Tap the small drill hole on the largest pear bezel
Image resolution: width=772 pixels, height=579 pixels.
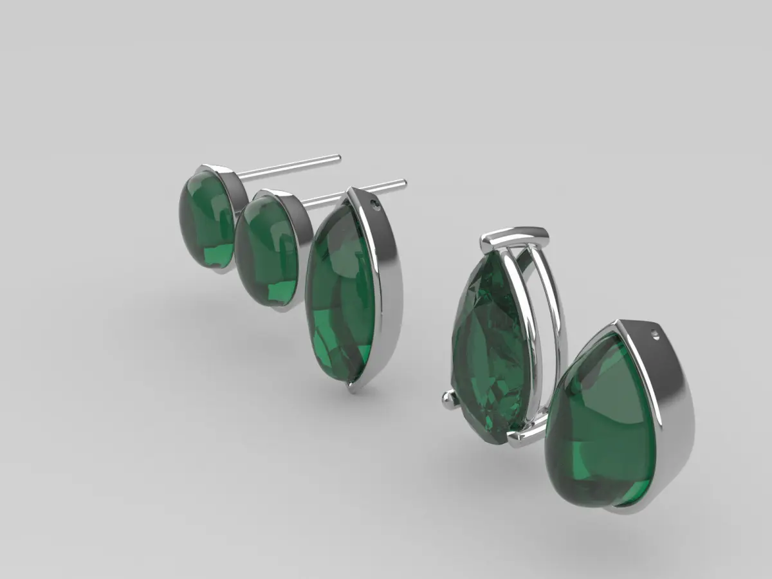tap(655, 334)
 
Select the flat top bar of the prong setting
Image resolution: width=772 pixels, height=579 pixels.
tap(515, 238)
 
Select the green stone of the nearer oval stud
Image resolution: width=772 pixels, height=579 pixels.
tap(266, 251)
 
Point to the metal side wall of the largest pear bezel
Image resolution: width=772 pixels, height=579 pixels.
tap(672, 412)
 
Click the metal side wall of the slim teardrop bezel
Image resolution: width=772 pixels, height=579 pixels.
tap(389, 289)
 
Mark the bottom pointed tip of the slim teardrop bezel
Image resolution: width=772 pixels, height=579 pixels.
tap(352, 388)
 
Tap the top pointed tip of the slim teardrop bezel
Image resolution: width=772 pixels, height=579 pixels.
tap(351, 190)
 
